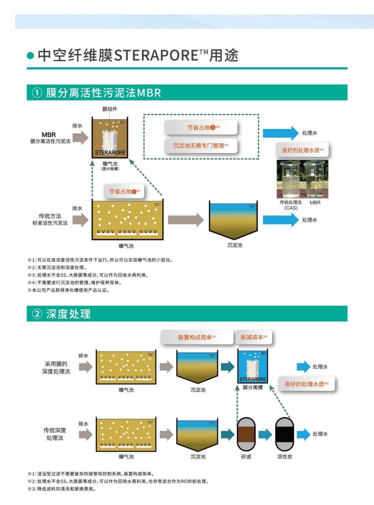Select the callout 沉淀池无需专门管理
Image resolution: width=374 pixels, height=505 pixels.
point(201,145)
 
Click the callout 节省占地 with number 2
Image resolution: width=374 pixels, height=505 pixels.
point(201,127)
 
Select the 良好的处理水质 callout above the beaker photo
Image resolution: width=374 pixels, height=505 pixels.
point(300,149)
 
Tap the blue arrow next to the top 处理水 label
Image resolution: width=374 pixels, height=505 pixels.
point(280,133)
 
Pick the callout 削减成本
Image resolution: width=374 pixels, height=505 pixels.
point(254,337)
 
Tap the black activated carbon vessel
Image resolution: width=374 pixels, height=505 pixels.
point(283,434)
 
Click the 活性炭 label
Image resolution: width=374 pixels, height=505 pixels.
point(283,457)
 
